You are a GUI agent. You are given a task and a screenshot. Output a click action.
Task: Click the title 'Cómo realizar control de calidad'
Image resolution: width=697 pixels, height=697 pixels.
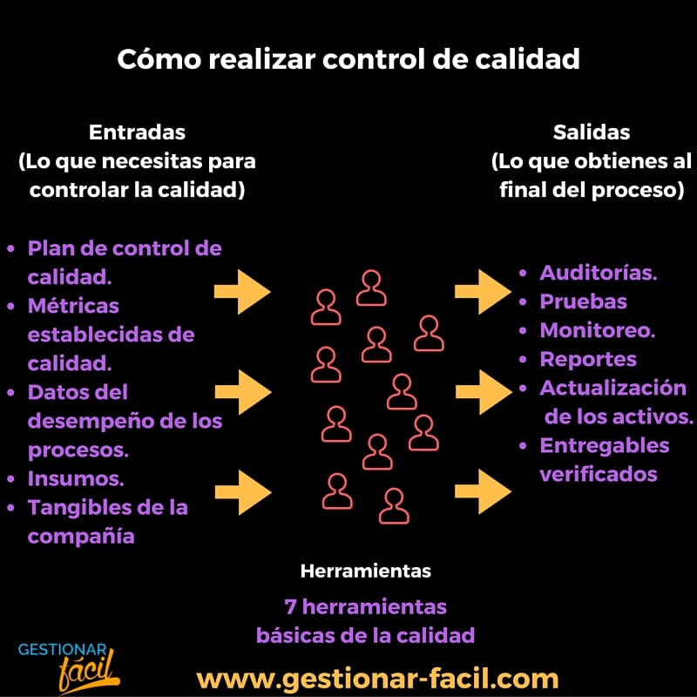click(x=348, y=59)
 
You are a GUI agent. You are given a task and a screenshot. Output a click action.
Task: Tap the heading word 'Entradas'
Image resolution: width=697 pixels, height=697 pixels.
click(x=137, y=132)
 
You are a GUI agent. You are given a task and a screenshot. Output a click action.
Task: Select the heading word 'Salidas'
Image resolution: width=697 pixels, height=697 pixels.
click(x=592, y=132)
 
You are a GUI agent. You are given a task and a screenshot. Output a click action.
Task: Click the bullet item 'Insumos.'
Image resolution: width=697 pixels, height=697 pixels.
click(x=76, y=478)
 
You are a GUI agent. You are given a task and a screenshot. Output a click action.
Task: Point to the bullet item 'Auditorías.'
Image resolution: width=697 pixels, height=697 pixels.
click(x=599, y=273)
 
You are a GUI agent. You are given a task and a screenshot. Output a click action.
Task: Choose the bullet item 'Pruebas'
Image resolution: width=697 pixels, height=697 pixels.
click(x=583, y=301)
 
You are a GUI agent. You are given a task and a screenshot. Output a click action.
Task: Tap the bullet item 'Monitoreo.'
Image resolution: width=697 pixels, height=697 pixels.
click(x=598, y=330)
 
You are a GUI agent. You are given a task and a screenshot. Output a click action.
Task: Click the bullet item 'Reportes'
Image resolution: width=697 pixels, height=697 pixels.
click(x=588, y=359)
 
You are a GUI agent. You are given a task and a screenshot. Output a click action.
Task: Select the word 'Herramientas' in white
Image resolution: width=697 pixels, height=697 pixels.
click(x=365, y=572)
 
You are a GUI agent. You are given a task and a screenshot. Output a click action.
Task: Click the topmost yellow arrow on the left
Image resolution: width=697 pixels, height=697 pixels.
click(x=243, y=291)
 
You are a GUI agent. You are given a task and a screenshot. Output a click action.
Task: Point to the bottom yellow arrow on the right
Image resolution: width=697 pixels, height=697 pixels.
click(x=483, y=491)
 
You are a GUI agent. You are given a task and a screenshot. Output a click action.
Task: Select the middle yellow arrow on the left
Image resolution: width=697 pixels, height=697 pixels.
click(x=243, y=391)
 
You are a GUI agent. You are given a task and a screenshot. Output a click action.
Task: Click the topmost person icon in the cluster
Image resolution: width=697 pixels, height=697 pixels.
click(x=372, y=288)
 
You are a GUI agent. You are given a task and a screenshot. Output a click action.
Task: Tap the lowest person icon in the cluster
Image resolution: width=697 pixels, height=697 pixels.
click(x=395, y=505)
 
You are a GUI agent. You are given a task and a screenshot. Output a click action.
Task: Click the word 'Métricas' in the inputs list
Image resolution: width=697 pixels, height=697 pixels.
click(x=73, y=306)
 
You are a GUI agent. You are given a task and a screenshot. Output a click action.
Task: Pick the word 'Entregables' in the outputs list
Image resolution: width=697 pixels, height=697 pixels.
click(x=605, y=445)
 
